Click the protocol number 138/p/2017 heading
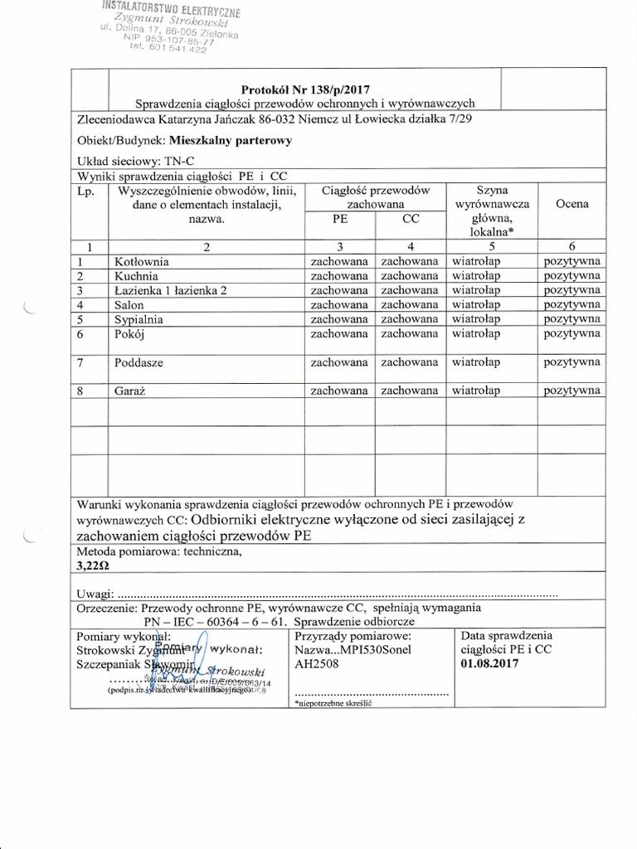click(304, 89)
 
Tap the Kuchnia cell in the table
click(135, 275)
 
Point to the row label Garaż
click(131, 390)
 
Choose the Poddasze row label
click(139, 361)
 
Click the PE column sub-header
click(339, 219)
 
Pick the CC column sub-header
click(410, 219)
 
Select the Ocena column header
click(572, 204)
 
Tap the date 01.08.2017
click(489, 664)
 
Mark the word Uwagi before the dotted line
click(94, 594)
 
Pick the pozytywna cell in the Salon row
click(572, 304)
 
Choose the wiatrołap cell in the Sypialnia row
click(476, 318)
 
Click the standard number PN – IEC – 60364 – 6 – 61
click(214, 620)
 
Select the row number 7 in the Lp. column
click(80, 361)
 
